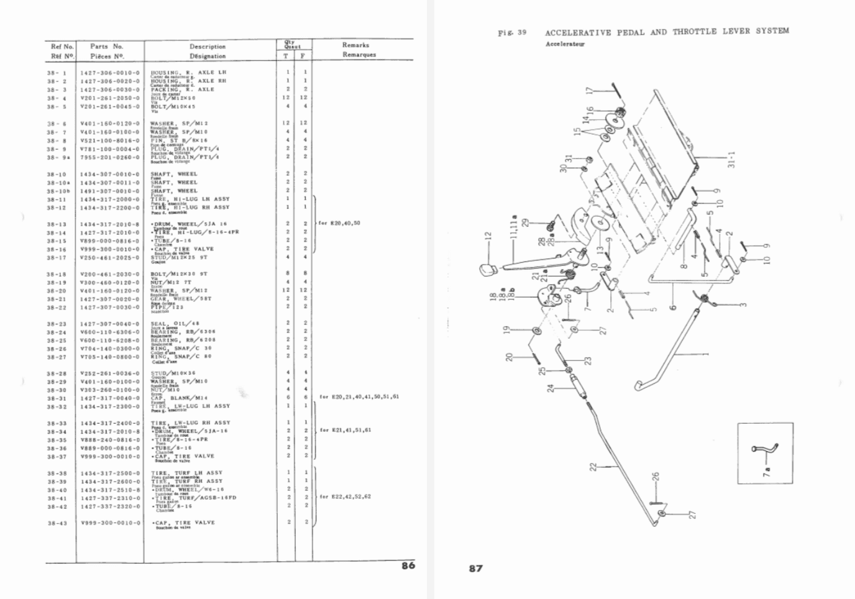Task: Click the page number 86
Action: (408, 565)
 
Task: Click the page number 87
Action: (476, 568)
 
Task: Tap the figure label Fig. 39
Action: (512, 32)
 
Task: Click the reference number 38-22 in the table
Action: (56, 308)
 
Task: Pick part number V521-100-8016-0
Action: (110, 140)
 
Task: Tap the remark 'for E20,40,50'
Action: (339, 223)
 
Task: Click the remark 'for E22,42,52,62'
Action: (345, 496)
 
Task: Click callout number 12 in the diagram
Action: (488, 237)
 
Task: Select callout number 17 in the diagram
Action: (590, 90)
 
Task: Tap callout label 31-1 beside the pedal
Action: (731, 160)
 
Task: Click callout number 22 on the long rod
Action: (593, 466)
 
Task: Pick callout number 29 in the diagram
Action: (525, 222)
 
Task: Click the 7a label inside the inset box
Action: (767, 472)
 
